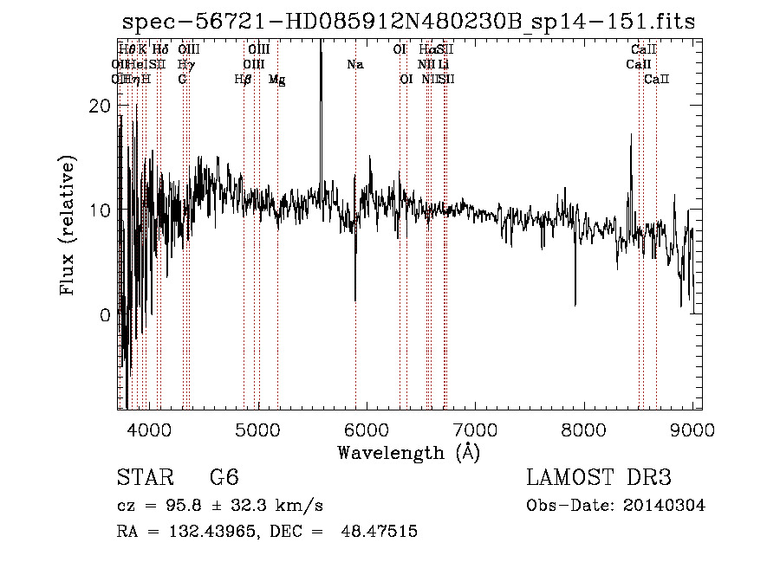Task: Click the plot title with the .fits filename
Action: [408, 22]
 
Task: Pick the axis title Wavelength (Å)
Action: [408, 452]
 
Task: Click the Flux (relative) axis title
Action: [68, 225]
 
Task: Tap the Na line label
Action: [354, 64]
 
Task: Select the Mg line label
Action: [277, 80]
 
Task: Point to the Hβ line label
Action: [244, 80]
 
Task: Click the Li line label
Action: [443, 64]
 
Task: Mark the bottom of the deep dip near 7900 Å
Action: [575, 305]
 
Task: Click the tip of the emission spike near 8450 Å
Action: [631, 134]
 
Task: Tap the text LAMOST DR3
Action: [599, 478]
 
